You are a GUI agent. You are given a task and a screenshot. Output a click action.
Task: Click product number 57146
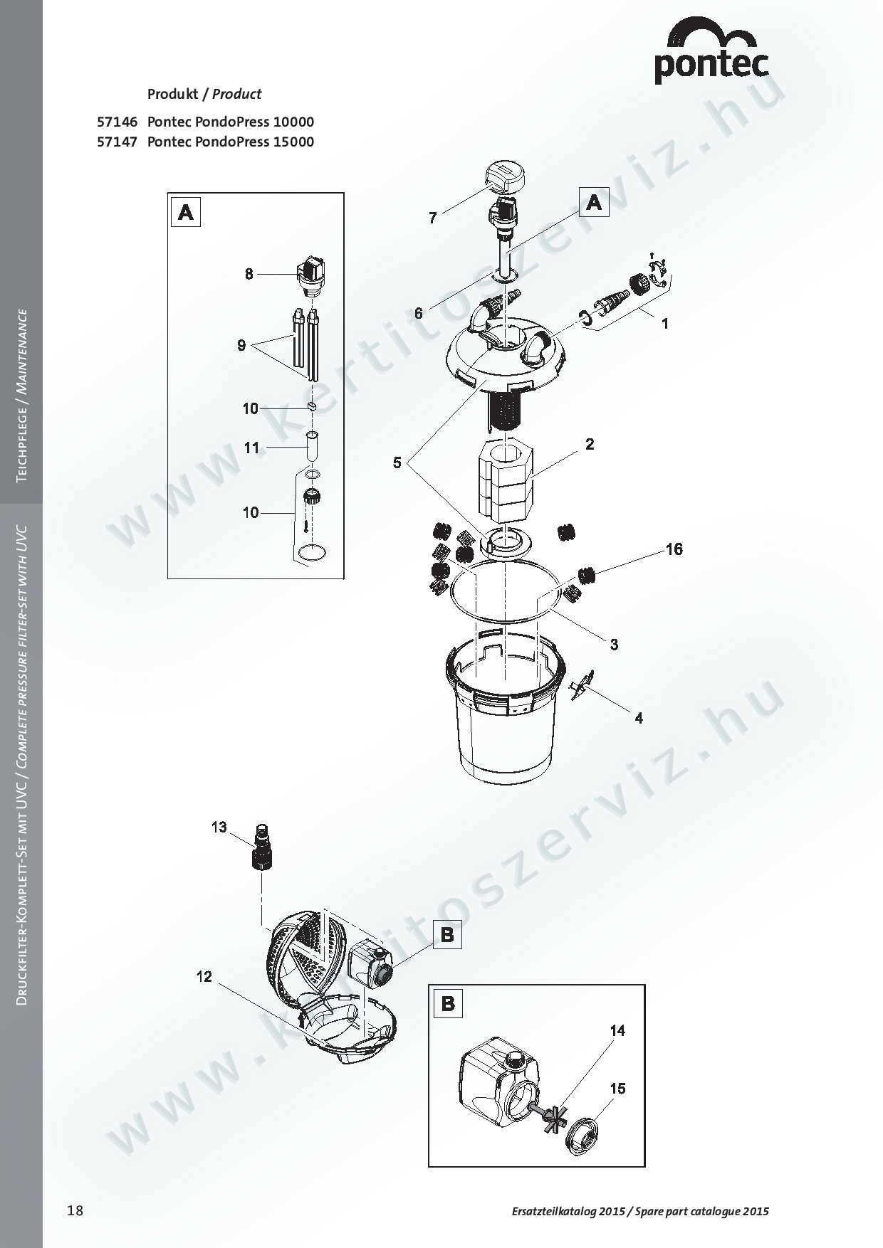coord(116,122)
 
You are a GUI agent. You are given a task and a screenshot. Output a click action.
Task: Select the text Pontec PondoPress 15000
coord(230,142)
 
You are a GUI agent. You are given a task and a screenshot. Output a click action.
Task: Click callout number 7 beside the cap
coord(432,218)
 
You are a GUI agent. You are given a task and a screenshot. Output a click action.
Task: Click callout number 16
coord(674,549)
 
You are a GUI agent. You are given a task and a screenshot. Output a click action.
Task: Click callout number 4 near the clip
coord(639,718)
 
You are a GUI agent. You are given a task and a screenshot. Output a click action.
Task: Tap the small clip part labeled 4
coord(582,685)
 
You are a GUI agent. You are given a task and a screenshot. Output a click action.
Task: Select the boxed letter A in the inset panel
coord(186,212)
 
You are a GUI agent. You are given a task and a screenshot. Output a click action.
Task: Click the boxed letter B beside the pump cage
coord(447,934)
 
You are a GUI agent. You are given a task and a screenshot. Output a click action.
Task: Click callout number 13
coord(219,827)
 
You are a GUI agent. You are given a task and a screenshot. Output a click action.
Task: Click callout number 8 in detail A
coord(249,273)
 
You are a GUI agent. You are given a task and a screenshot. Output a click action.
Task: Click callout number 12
coord(204,977)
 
